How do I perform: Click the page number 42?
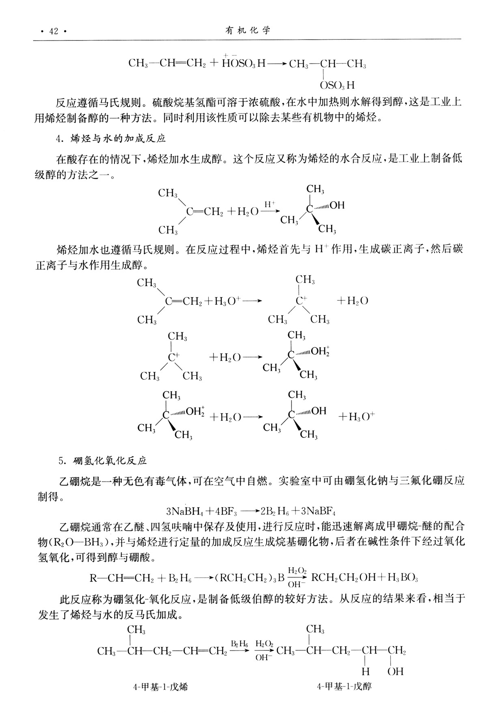point(54,31)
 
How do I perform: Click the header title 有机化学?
point(247,30)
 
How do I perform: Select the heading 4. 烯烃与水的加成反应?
point(112,138)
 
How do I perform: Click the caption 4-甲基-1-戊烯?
point(161,687)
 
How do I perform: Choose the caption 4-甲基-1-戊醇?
point(345,687)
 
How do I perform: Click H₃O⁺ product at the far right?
point(356,417)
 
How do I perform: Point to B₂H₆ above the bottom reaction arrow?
point(239,644)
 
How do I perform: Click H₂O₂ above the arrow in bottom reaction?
point(264,644)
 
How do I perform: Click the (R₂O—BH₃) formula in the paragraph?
point(78,542)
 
